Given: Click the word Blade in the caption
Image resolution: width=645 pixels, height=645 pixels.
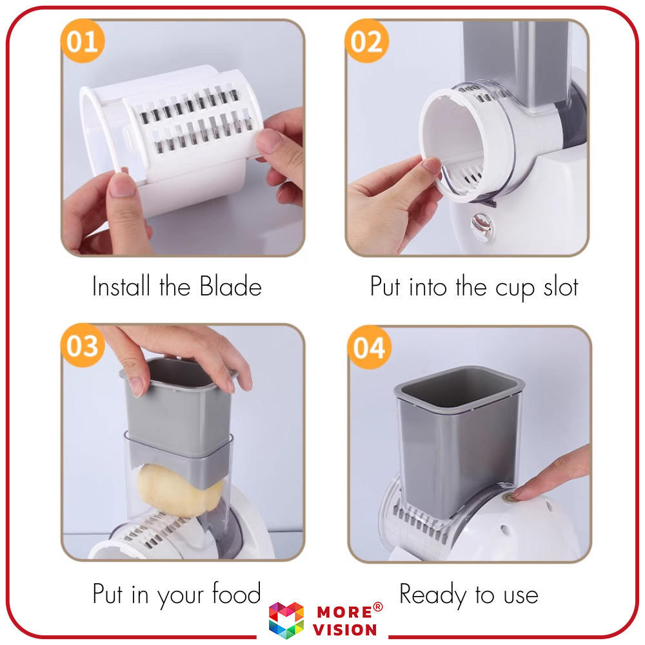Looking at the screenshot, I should point(229,287).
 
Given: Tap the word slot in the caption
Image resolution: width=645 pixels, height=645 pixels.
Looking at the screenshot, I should point(559,287).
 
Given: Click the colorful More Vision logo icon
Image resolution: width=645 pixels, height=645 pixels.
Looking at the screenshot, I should point(286,620).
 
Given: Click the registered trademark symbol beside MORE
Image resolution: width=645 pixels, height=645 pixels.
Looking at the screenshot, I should point(378,606).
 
